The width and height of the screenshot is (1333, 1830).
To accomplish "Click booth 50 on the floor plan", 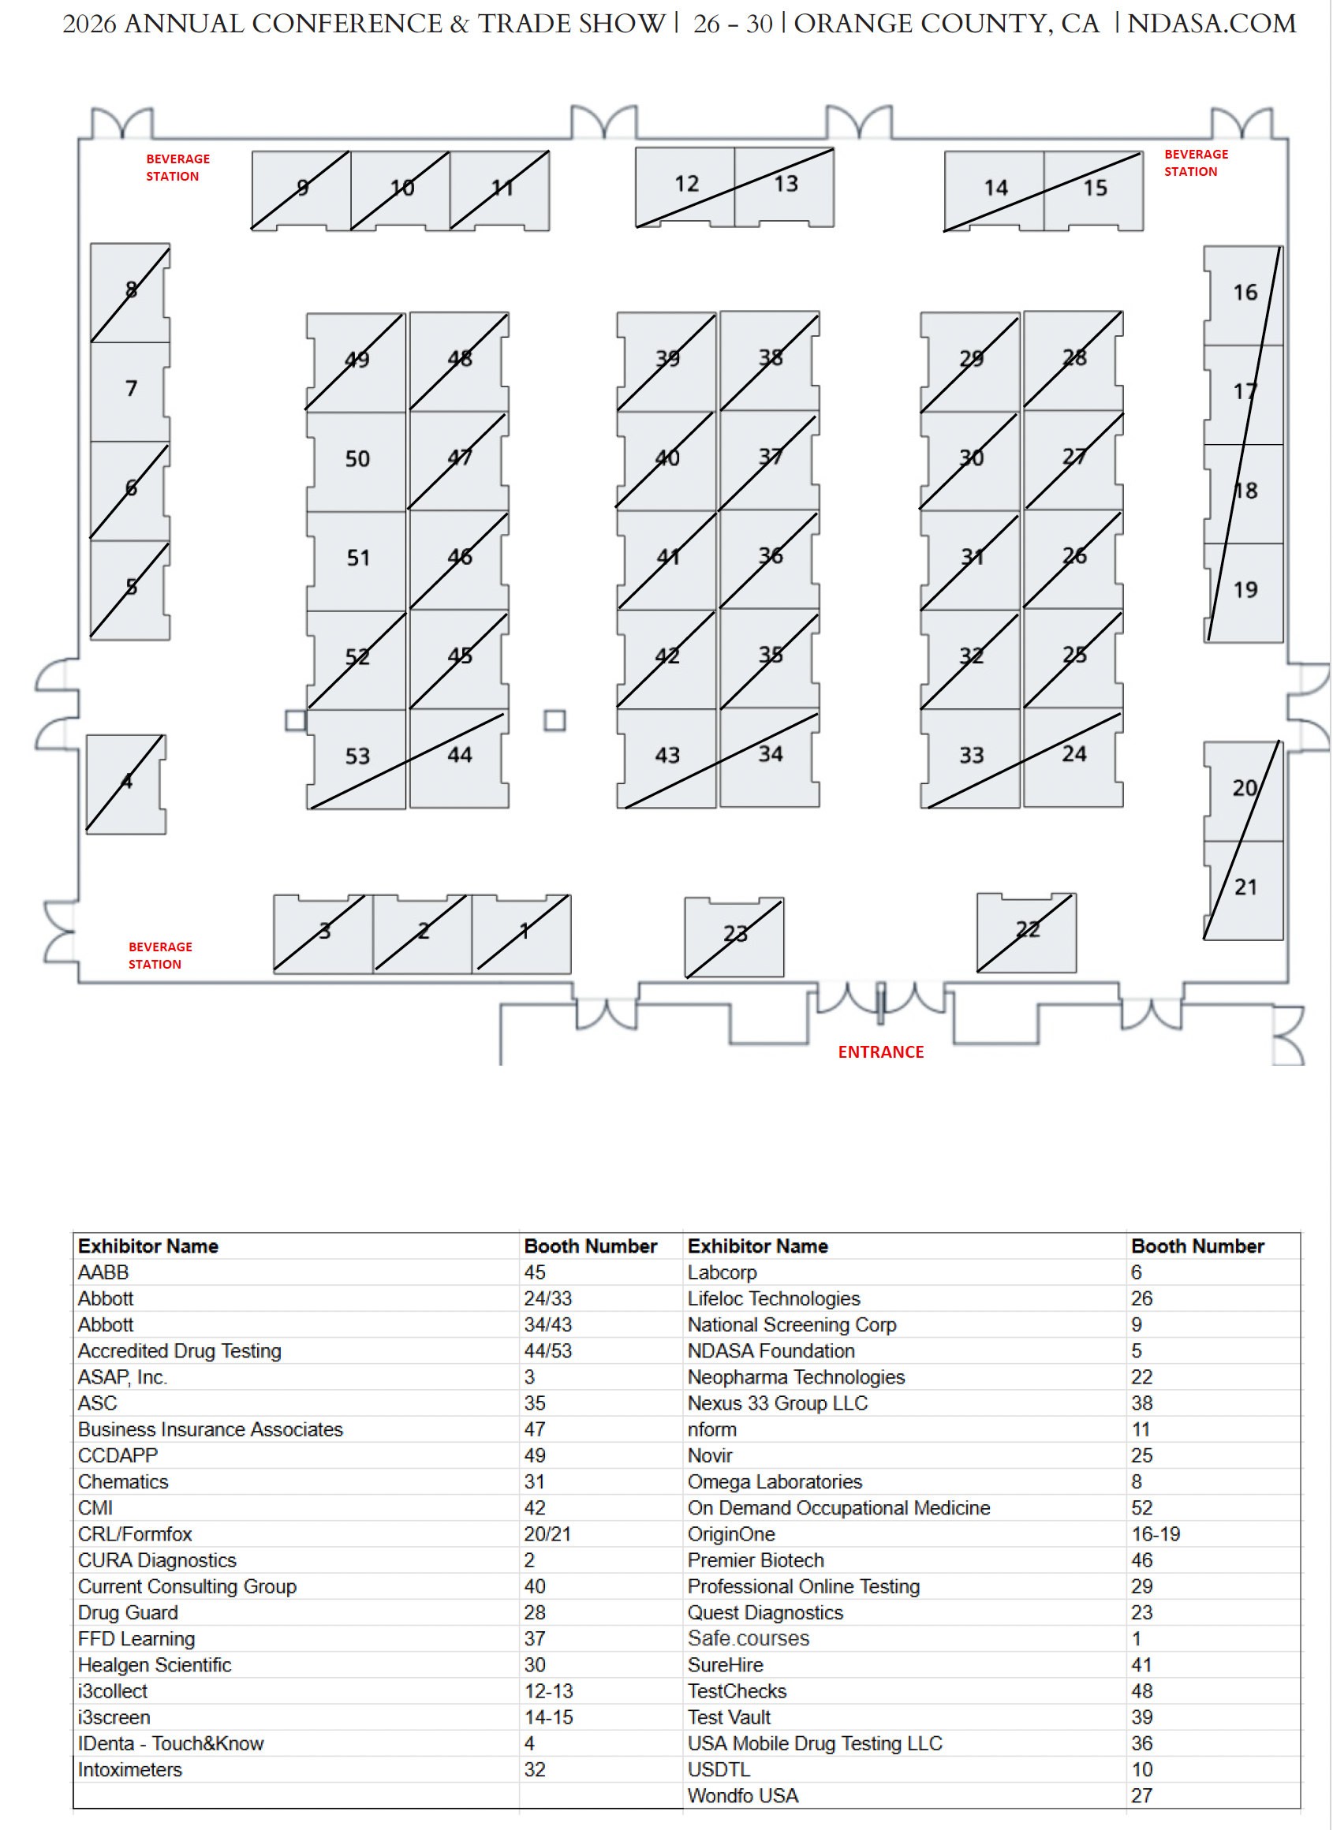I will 357,460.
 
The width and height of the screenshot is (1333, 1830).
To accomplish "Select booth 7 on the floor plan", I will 131,390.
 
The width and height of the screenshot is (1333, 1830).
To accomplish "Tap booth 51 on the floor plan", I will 357,559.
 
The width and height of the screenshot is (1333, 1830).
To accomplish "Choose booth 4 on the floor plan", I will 126,783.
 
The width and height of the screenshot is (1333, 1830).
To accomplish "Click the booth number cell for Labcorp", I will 1136,1273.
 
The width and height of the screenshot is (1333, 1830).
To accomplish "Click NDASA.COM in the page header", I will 1212,24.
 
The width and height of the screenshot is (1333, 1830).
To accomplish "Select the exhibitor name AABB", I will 103,1273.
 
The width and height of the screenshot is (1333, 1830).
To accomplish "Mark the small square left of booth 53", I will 295,720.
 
